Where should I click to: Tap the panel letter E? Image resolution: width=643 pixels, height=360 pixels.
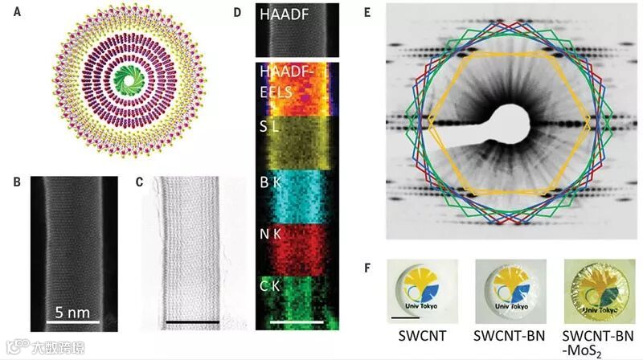390,14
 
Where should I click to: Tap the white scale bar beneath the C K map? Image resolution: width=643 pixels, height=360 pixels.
297,322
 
